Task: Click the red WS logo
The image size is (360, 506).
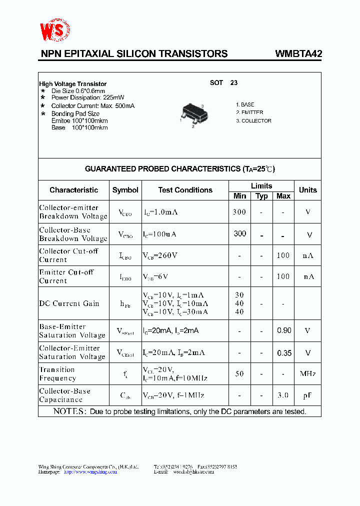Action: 55,31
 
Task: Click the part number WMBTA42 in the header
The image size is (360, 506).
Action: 298,54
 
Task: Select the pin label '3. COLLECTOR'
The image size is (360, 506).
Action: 253,121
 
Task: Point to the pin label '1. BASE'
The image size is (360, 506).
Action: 245,105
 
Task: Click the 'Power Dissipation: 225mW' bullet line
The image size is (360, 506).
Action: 88,98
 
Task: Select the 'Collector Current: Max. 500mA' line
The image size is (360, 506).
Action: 92,106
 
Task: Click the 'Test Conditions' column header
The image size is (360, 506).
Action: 185,190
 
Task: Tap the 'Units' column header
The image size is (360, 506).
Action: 307,190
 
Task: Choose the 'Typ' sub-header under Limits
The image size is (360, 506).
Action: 261,196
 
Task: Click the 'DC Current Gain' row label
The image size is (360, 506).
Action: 69,303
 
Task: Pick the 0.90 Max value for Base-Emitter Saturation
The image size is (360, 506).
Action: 283,331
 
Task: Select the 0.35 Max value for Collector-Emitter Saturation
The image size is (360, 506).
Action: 283,353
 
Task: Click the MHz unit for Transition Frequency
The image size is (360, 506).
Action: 307,374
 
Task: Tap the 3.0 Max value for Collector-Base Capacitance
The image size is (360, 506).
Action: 283,395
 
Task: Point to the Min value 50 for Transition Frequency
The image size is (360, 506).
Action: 239,374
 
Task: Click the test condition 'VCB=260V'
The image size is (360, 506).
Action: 160,255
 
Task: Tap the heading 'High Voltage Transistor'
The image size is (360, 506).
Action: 73,84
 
